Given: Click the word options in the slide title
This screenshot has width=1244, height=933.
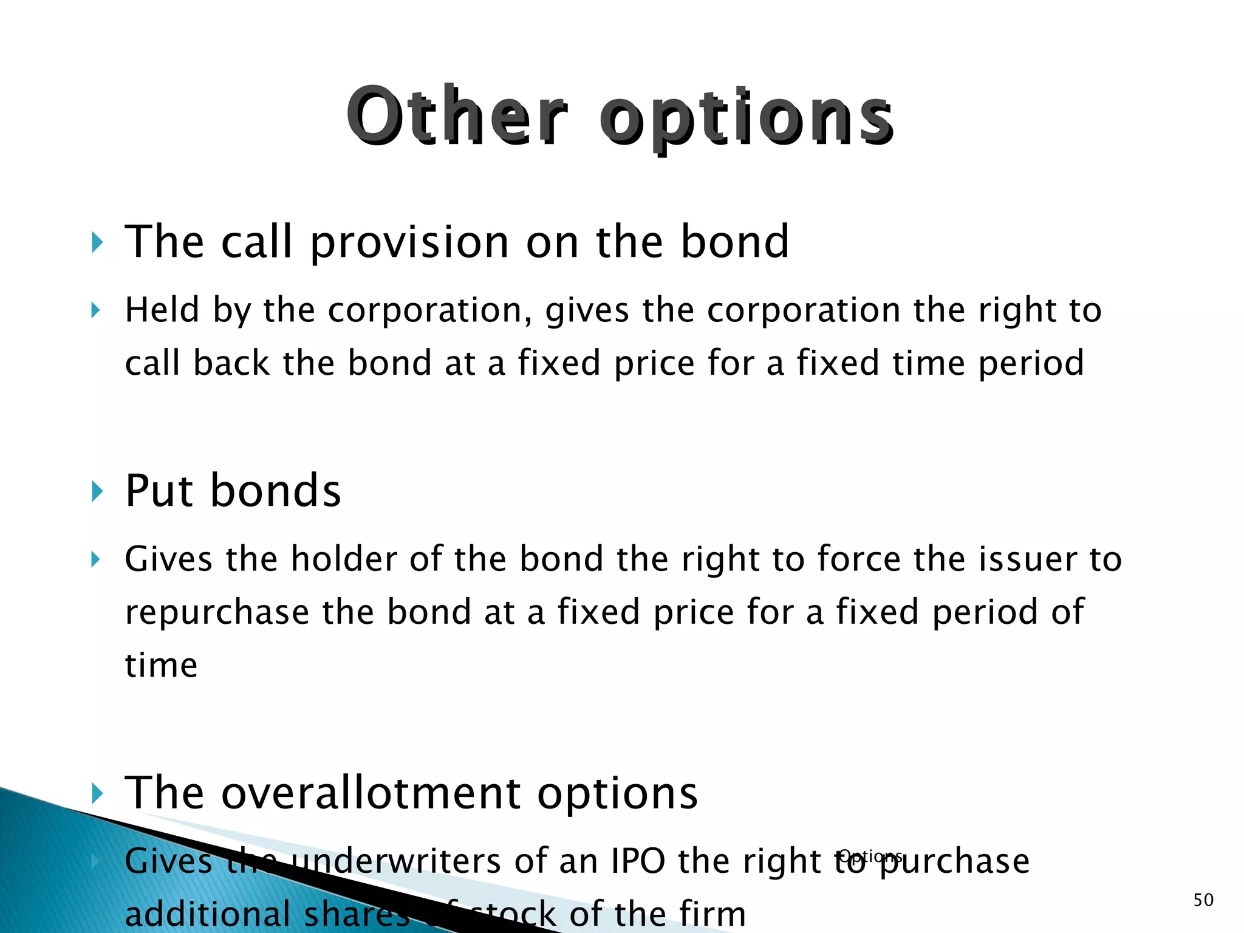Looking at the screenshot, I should pos(746,118).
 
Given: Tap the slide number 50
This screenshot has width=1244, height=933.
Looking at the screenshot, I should pos(1203,900).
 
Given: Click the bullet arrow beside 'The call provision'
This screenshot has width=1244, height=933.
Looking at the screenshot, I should pos(96,242).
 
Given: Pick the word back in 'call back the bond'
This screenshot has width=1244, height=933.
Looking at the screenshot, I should pos(231,363).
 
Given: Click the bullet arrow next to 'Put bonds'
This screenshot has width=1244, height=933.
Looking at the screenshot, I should pos(96,491).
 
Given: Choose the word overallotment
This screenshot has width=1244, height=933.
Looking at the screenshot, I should pos(371,793).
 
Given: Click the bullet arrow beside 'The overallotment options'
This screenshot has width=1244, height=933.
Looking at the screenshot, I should pos(96,793).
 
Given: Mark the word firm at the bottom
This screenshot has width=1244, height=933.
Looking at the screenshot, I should pos(712,913).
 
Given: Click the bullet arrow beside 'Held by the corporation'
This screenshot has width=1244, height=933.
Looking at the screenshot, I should pos(95,311).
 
